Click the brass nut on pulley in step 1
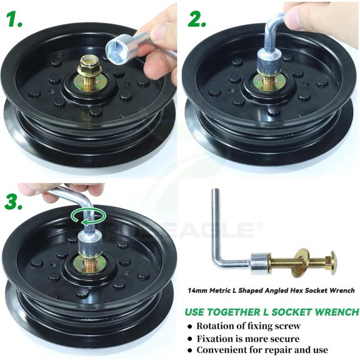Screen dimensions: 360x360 (x=87, y=64)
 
